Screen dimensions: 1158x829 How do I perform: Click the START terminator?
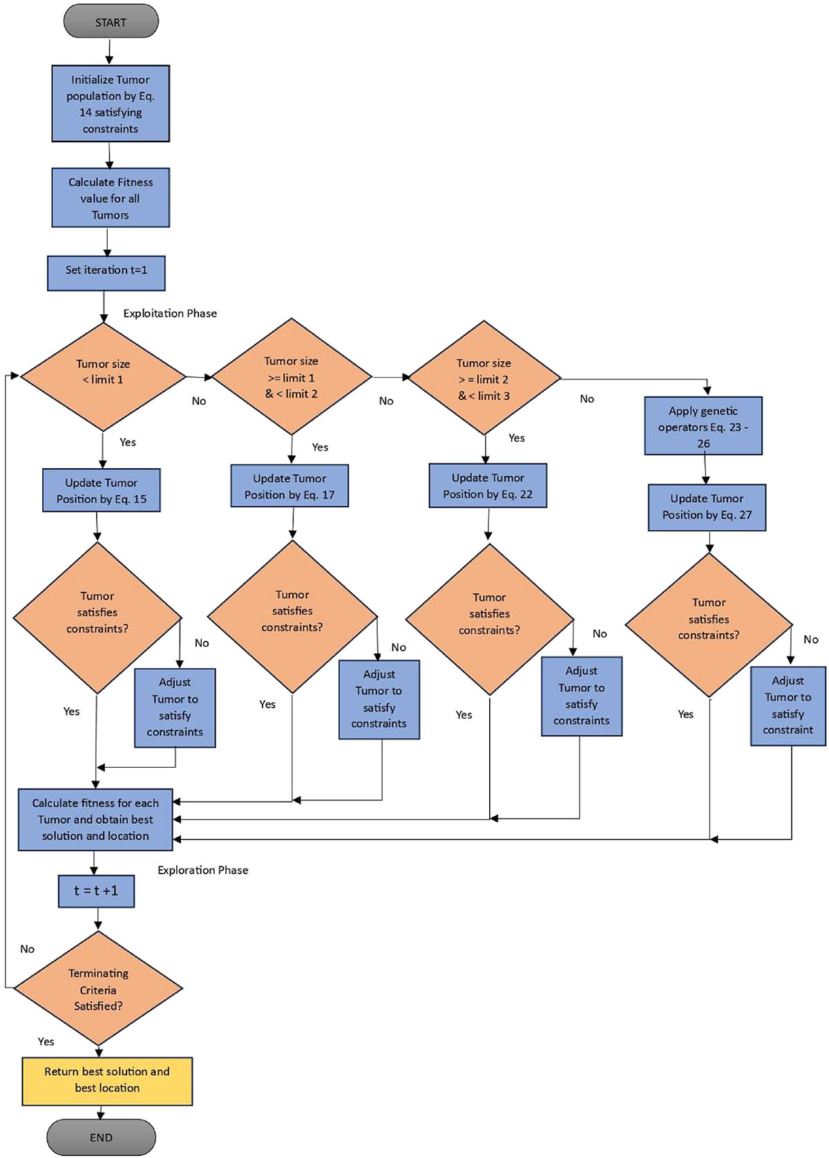pos(111,22)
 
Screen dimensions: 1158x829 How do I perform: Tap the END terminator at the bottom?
pos(101,1137)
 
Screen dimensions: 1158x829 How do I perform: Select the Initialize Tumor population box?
pos(111,104)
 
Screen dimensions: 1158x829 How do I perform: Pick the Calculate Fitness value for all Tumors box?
pos(111,198)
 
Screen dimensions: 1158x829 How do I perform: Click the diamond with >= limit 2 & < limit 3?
pos(484,378)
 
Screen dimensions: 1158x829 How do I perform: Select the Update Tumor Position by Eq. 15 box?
pos(102,490)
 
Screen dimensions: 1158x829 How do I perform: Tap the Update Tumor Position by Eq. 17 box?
pos(289,486)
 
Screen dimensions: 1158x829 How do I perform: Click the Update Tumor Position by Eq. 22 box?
pos(488,485)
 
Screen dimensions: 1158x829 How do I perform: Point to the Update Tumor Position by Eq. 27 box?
pos(707,507)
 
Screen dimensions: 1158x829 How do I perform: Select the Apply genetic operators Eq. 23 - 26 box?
pos(703,426)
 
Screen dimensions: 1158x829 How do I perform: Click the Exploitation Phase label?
pos(170,313)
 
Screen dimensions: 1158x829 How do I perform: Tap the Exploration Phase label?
pos(202,870)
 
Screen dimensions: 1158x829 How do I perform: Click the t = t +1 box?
pos(96,891)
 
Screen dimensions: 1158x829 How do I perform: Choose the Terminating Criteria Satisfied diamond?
pos(98,989)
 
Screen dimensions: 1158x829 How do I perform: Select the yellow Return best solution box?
pos(107,1080)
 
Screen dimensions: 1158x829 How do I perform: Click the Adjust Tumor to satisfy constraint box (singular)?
pos(788,706)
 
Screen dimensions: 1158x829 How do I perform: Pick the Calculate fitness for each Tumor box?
pos(95,820)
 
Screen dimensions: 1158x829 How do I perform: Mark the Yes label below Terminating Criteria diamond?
pos(46,1041)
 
